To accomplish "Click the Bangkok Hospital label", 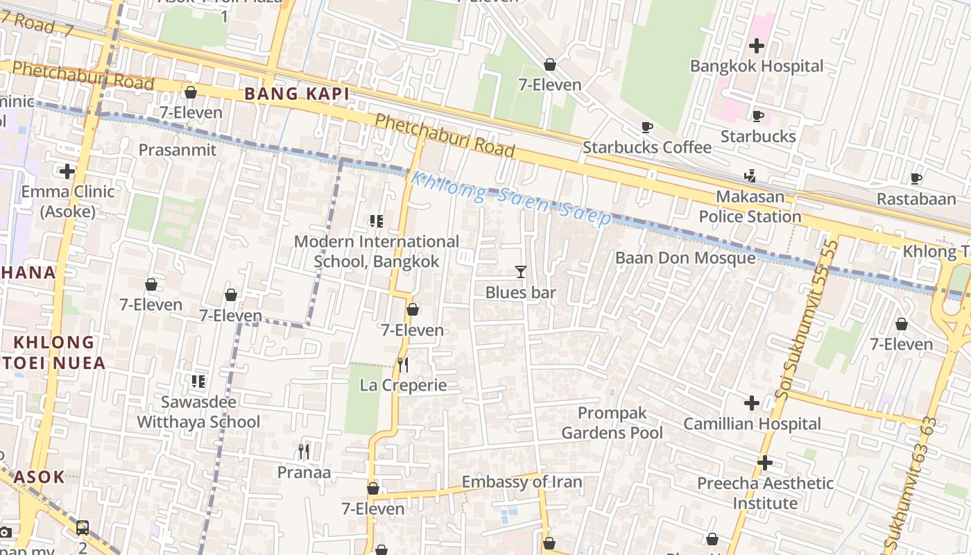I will click(x=757, y=67).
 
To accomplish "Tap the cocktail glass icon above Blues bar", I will click(x=521, y=272).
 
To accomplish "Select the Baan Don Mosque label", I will click(x=685, y=258).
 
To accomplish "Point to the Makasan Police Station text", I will click(x=750, y=207).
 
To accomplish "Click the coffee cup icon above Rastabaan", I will click(x=916, y=179).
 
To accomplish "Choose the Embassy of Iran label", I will click(x=522, y=481).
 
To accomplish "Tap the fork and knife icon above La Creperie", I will click(x=403, y=365).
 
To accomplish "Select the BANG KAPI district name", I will click(x=296, y=94).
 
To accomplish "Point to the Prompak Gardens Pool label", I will click(x=612, y=423).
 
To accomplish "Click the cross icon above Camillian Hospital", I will click(x=752, y=403).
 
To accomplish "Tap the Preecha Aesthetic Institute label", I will click(x=765, y=493).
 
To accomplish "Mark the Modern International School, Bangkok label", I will click(x=377, y=251).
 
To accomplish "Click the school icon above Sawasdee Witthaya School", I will click(x=198, y=381).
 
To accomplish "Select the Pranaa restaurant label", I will click(x=304, y=472).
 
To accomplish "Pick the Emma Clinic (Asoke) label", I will click(x=68, y=201).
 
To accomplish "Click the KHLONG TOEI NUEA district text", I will click(x=55, y=352).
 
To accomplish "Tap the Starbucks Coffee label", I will click(x=646, y=147).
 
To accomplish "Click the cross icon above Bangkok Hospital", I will click(x=757, y=46).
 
